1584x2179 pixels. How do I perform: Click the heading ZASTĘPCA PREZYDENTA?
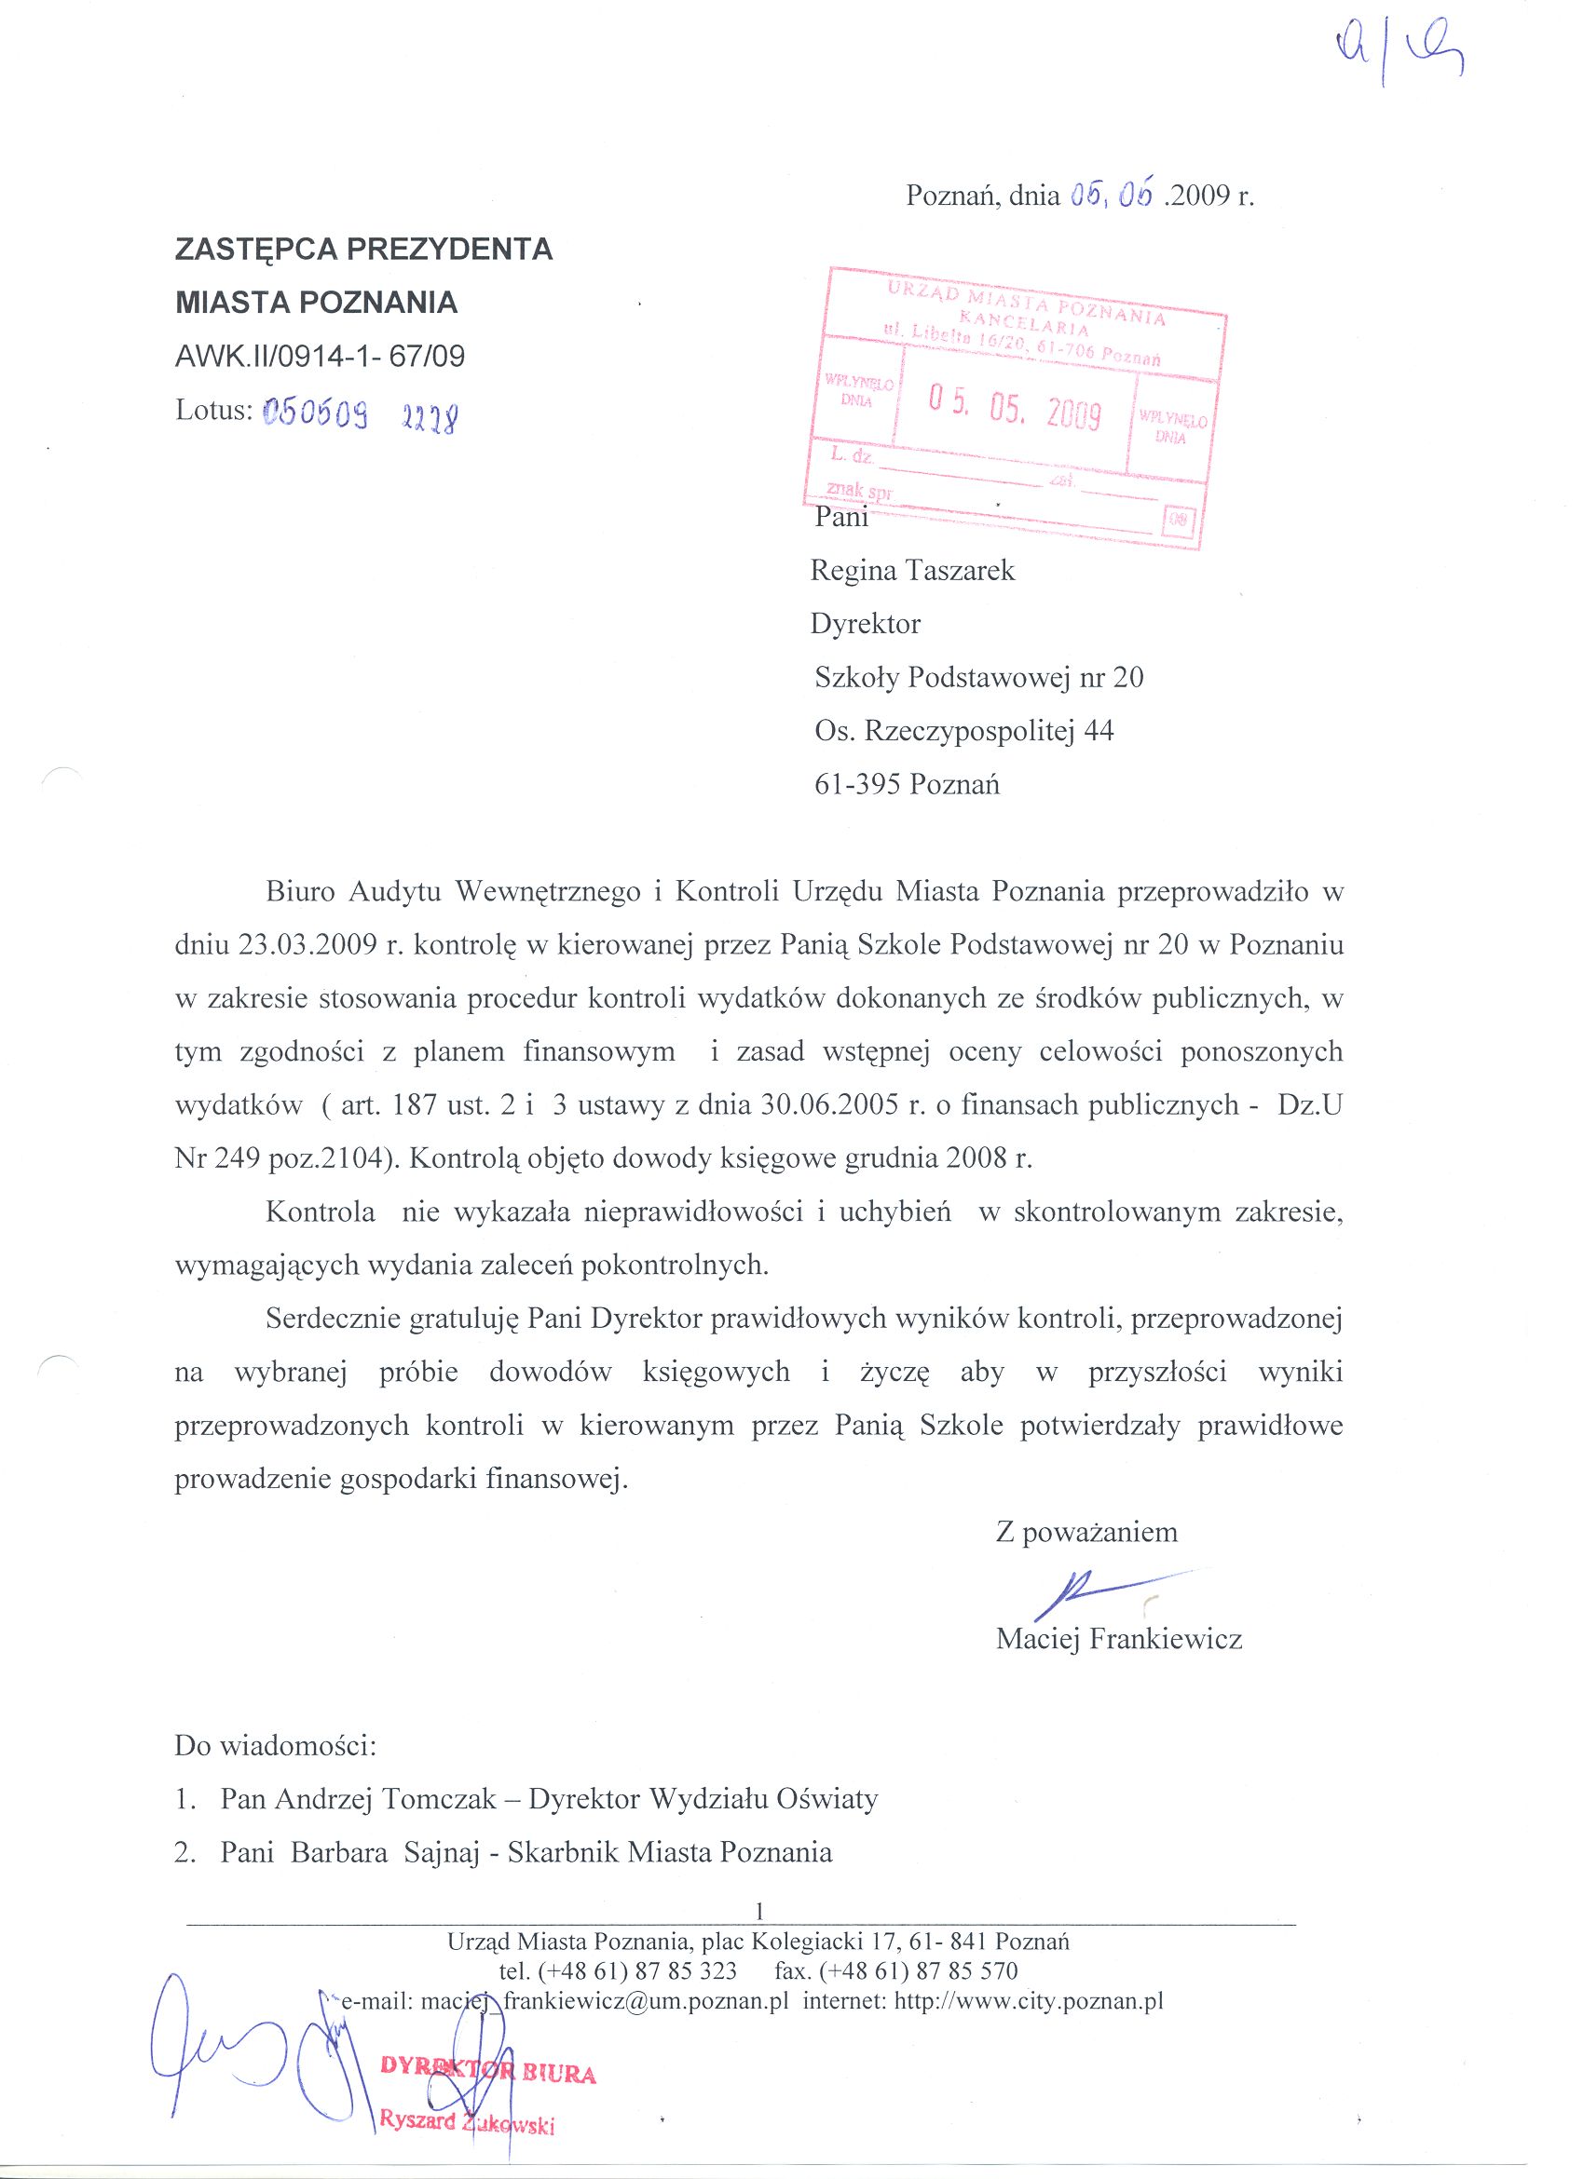click(363, 250)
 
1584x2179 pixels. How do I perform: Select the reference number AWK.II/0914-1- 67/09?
click(321, 358)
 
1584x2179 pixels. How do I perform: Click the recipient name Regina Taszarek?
click(912, 571)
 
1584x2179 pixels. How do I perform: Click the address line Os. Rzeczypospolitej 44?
click(963, 731)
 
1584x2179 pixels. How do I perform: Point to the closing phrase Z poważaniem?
click(1086, 1532)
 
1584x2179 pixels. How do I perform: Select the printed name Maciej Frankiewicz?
click(1119, 1639)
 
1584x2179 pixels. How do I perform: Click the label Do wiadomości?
click(275, 1745)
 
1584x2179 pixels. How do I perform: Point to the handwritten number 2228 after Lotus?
click(429, 416)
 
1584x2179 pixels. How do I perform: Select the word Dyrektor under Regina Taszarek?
click(865, 625)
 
